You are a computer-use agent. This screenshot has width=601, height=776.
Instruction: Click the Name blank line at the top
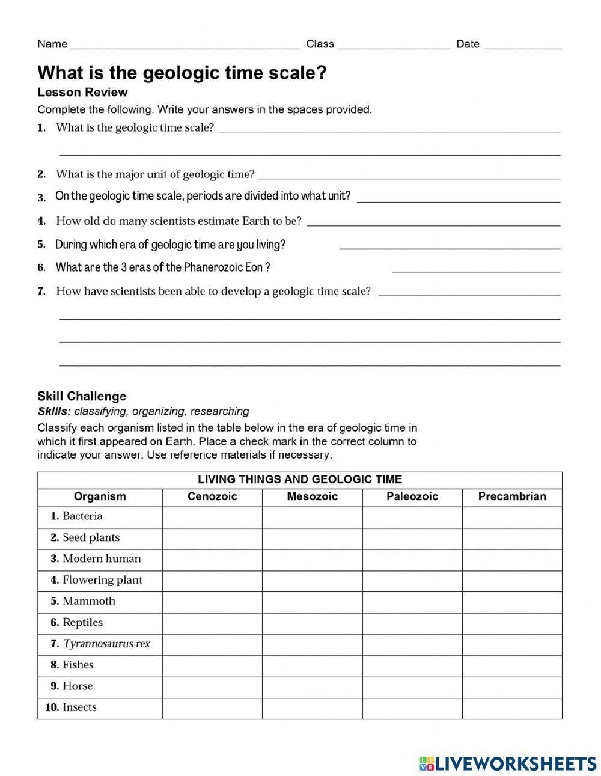click(185, 46)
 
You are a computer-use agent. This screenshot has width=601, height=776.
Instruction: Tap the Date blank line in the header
click(522, 46)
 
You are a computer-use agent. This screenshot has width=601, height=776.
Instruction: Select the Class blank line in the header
click(393, 46)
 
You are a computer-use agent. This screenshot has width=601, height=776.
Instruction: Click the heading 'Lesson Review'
click(82, 92)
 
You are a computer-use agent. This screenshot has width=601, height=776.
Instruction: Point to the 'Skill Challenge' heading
click(82, 396)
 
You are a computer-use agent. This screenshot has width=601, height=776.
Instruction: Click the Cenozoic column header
click(212, 496)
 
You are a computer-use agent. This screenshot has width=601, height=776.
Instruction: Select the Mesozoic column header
click(312, 496)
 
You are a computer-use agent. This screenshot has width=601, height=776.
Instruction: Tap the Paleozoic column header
click(412, 496)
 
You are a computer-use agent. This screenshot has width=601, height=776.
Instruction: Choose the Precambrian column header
click(512, 496)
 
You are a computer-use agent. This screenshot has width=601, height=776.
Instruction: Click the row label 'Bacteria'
click(82, 516)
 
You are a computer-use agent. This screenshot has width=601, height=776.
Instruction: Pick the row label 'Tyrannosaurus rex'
click(106, 644)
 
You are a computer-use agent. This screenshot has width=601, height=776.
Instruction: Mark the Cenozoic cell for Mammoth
click(212, 601)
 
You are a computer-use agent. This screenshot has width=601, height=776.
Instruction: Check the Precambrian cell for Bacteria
click(512, 516)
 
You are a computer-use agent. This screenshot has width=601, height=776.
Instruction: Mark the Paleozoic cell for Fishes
click(412, 665)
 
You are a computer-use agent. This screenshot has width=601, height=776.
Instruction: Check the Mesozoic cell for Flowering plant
click(312, 580)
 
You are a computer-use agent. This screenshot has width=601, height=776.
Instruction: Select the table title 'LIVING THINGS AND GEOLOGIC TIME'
click(300, 480)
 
